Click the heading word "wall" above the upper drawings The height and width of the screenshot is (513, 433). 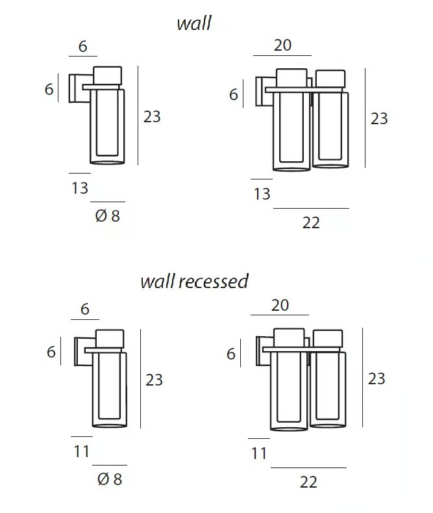[x=194, y=23]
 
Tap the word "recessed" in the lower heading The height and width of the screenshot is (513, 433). [x=214, y=282]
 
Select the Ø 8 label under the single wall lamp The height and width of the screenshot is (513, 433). [x=107, y=216]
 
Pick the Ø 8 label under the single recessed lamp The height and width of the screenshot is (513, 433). [x=110, y=479]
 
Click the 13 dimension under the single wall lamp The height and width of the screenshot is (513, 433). [x=80, y=188]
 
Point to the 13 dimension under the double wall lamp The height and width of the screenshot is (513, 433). [x=262, y=194]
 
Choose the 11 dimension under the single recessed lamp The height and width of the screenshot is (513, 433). [x=82, y=451]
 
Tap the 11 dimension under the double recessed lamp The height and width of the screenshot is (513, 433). [x=259, y=453]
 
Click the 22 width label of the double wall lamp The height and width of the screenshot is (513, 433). [x=311, y=223]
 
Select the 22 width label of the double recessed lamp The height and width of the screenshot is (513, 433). [x=308, y=482]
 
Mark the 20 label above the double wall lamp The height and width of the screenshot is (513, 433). [x=282, y=45]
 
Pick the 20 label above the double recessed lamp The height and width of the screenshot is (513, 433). [x=280, y=305]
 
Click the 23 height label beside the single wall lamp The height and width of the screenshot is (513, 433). [x=152, y=117]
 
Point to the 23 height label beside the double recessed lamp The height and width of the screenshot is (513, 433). [x=377, y=378]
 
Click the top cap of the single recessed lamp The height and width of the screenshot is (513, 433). [x=110, y=339]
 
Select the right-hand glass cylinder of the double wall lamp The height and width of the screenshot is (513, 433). [x=330, y=129]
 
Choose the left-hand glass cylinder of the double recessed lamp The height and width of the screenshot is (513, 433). [x=289, y=391]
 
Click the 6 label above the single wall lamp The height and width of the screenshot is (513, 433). [x=83, y=46]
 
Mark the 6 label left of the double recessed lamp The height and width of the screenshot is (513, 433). [x=231, y=354]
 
